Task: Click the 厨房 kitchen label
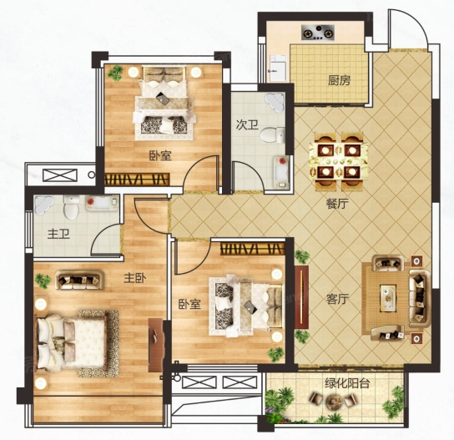(x=339, y=80)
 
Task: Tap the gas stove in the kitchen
(x=318, y=33)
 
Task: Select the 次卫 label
(x=247, y=125)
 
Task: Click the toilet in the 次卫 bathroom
(x=272, y=134)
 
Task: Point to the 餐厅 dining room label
(x=337, y=204)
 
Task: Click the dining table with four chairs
(x=338, y=161)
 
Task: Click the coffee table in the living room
(x=388, y=298)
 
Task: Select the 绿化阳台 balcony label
(x=347, y=383)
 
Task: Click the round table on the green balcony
(x=333, y=401)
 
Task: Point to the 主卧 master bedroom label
(x=135, y=278)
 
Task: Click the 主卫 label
(x=58, y=234)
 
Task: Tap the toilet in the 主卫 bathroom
(x=71, y=207)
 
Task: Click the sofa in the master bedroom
(x=79, y=280)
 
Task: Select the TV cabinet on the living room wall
(x=301, y=296)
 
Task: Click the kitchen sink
(x=278, y=68)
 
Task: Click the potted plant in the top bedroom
(x=115, y=73)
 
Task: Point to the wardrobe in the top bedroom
(x=137, y=180)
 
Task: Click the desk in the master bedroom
(x=155, y=345)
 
